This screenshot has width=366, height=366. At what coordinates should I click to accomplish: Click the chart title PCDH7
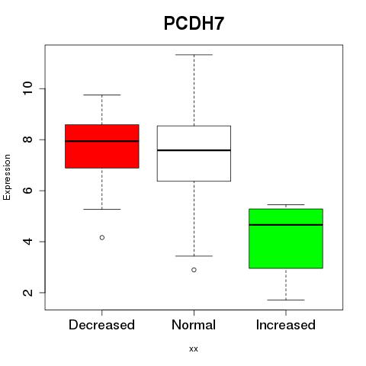click(x=194, y=24)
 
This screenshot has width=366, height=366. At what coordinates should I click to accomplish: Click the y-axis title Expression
click(x=7, y=177)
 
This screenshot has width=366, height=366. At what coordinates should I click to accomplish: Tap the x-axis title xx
click(x=194, y=349)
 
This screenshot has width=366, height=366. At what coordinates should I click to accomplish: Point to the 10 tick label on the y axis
click(x=28, y=88)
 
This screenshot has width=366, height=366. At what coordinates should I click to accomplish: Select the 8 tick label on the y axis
click(x=28, y=140)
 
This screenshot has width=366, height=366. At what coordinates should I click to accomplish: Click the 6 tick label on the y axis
click(x=28, y=191)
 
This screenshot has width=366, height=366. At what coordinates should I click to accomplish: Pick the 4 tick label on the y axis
click(x=28, y=242)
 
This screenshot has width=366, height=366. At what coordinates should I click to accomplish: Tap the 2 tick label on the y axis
click(x=28, y=293)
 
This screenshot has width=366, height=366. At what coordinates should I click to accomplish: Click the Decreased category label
click(x=101, y=325)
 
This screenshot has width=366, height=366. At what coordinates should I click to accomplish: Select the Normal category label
click(x=194, y=325)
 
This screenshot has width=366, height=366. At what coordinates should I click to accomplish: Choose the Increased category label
click(x=286, y=325)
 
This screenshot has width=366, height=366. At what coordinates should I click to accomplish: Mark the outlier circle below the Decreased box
click(x=102, y=237)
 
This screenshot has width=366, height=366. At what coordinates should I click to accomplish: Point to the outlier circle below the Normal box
click(x=194, y=270)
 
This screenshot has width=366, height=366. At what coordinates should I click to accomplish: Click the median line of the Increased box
click(x=286, y=225)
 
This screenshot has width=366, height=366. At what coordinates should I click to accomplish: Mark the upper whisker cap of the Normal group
click(x=194, y=55)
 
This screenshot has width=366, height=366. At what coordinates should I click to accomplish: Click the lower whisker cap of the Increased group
click(x=286, y=300)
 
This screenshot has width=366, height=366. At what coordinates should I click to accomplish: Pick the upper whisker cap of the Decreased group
click(x=102, y=95)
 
